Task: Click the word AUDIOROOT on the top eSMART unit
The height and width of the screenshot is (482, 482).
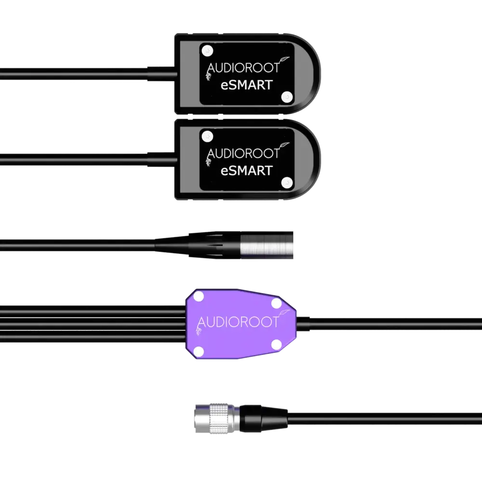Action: (243, 68)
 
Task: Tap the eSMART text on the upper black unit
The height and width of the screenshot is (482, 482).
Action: (246, 85)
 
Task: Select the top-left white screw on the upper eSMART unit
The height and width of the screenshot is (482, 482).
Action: (208, 50)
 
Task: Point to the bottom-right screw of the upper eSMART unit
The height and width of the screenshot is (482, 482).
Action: (287, 97)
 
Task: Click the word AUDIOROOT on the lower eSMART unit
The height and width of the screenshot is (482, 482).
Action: (243, 153)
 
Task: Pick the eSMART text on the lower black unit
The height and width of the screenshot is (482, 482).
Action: (246, 171)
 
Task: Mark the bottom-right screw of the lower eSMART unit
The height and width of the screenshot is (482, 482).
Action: (287, 183)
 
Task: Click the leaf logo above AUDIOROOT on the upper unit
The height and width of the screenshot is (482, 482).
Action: (284, 59)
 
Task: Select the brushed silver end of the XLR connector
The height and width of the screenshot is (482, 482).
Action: (267, 245)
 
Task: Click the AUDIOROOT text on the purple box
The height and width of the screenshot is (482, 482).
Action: (238, 322)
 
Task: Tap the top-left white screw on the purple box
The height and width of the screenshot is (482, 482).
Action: (199, 296)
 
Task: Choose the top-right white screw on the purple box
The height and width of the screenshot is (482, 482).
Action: (276, 304)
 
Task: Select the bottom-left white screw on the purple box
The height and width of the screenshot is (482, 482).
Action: (199, 351)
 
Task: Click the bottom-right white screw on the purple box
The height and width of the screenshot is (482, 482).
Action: (276, 345)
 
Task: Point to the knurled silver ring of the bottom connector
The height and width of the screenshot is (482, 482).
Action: (219, 419)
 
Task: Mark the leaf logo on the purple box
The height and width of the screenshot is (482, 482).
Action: (284, 313)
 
